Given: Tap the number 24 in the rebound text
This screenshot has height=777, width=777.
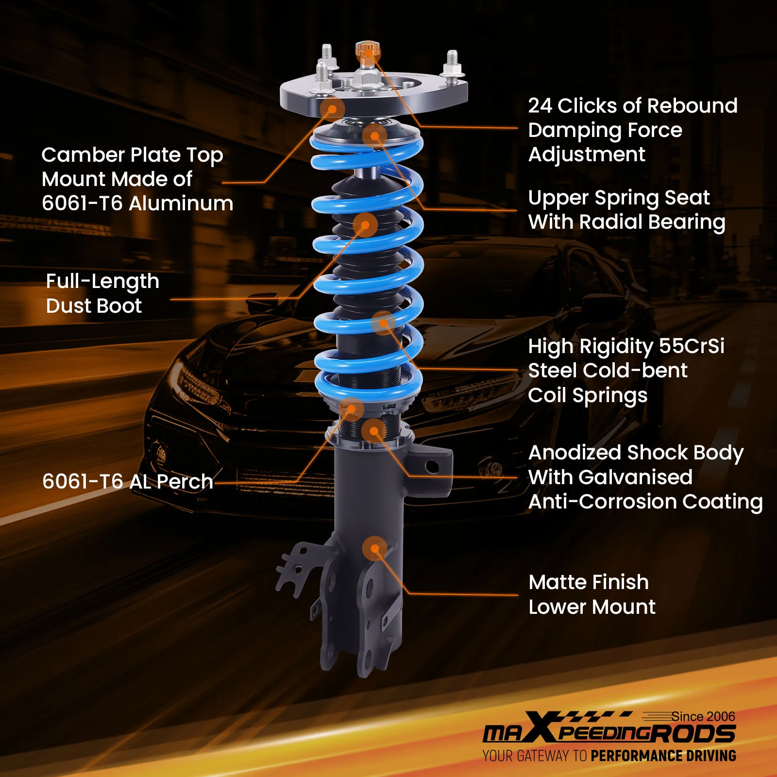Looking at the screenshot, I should pyautogui.click(x=540, y=106).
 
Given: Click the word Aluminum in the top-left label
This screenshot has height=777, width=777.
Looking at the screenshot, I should pyautogui.click(x=181, y=203).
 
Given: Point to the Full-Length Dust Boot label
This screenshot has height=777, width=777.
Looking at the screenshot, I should pyautogui.click(x=102, y=293).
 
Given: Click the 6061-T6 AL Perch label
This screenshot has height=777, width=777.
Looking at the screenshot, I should pyautogui.click(x=128, y=482).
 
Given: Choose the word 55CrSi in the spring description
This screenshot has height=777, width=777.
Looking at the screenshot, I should pyautogui.click(x=692, y=346).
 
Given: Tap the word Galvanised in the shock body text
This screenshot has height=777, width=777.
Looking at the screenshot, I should pyautogui.click(x=610, y=477).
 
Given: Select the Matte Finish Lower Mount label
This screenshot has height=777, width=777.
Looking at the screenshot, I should pyautogui.click(x=591, y=594).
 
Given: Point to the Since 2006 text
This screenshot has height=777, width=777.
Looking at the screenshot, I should pyautogui.click(x=703, y=716).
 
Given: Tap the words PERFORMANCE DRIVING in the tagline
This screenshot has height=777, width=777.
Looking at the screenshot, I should pyautogui.click(x=663, y=756).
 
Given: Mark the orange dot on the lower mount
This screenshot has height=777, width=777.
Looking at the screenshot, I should pyautogui.click(x=374, y=549).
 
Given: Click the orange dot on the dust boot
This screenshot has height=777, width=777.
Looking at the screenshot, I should pyautogui.click(x=365, y=224).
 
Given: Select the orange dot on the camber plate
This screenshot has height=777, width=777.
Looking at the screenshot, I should pyautogui.click(x=332, y=109).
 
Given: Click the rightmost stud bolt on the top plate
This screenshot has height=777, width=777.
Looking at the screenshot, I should pyautogui.click(x=452, y=63).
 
